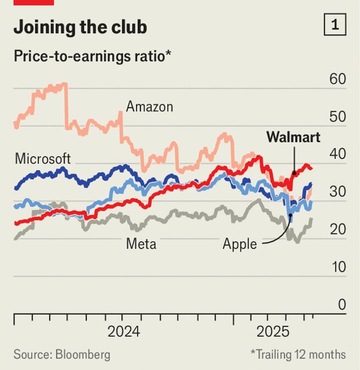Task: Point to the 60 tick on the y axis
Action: pyautogui.click(x=338, y=79)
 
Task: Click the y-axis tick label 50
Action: pyautogui.click(x=338, y=116)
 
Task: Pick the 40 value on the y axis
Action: pyautogui.click(x=338, y=154)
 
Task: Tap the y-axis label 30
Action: pyautogui.click(x=338, y=192)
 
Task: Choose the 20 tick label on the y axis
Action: pyautogui.click(x=338, y=230)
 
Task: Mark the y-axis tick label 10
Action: pyautogui.click(x=338, y=267)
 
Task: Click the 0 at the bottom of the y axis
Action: pyautogui.click(x=341, y=305)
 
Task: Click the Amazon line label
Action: pyautogui.click(x=149, y=107)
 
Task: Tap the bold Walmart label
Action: pyautogui.click(x=293, y=137)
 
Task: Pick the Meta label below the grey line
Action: pyautogui.click(x=142, y=243)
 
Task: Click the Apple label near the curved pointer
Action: pyautogui.click(x=239, y=244)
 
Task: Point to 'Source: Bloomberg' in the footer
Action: pyautogui.click(x=62, y=354)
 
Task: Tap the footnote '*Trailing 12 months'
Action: pyautogui.click(x=298, y=354)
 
